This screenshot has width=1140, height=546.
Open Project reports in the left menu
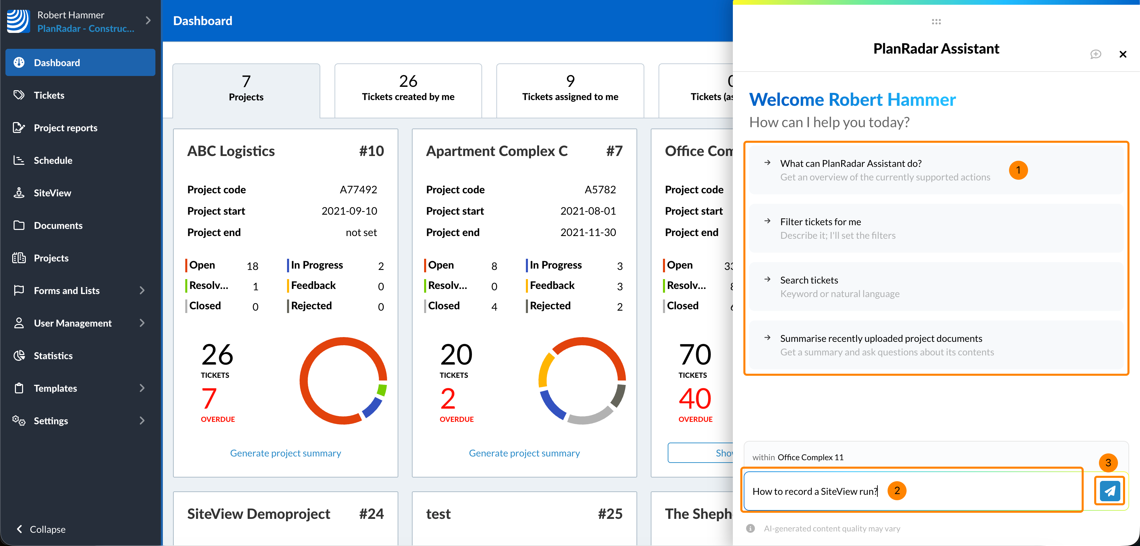click(x=65, y=128)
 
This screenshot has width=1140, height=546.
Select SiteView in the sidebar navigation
click(x=52, y=193)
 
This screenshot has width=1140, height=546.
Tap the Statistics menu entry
click(x=53, y=356)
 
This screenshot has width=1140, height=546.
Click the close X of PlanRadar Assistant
click(x=1122, y=54)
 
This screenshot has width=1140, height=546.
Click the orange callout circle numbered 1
click(x=1018, y=170)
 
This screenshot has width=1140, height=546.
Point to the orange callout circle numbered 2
click(x=897, y=490)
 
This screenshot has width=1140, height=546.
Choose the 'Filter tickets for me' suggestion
click(x=820, y=222)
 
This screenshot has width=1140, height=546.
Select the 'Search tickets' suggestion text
click(x=809, y=280)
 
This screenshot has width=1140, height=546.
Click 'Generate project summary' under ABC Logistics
click(x=285, y=453)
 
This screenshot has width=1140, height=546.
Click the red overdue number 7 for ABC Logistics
click(x=209, y=398)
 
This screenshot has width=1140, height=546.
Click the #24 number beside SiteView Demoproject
click(x=371, y=514)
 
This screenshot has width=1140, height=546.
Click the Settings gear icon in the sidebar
click(x=19, y=420)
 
